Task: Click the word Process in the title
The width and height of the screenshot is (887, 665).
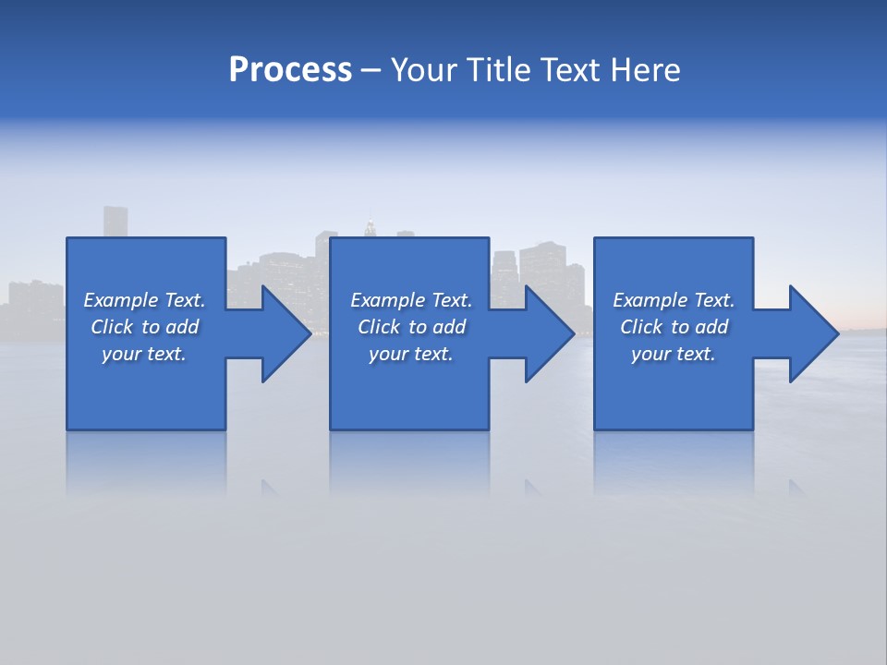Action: pos(290,70)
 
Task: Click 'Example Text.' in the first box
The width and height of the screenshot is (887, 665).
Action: pos(144,300)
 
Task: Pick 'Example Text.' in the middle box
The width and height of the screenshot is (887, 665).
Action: pos(411,300)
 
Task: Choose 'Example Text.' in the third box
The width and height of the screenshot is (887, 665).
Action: pos(674,300)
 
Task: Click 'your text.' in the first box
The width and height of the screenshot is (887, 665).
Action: pos(144,354)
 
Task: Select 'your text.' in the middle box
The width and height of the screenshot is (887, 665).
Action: pos(411,354)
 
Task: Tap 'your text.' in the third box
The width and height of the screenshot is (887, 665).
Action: pos(674,354)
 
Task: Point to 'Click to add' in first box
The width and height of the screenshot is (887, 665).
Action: pos(144,327)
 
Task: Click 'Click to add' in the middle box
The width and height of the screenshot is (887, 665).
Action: pos(411,327)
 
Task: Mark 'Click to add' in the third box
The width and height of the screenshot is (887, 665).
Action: pos(674,327)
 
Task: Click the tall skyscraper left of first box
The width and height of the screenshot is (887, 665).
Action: pos(115,222)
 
